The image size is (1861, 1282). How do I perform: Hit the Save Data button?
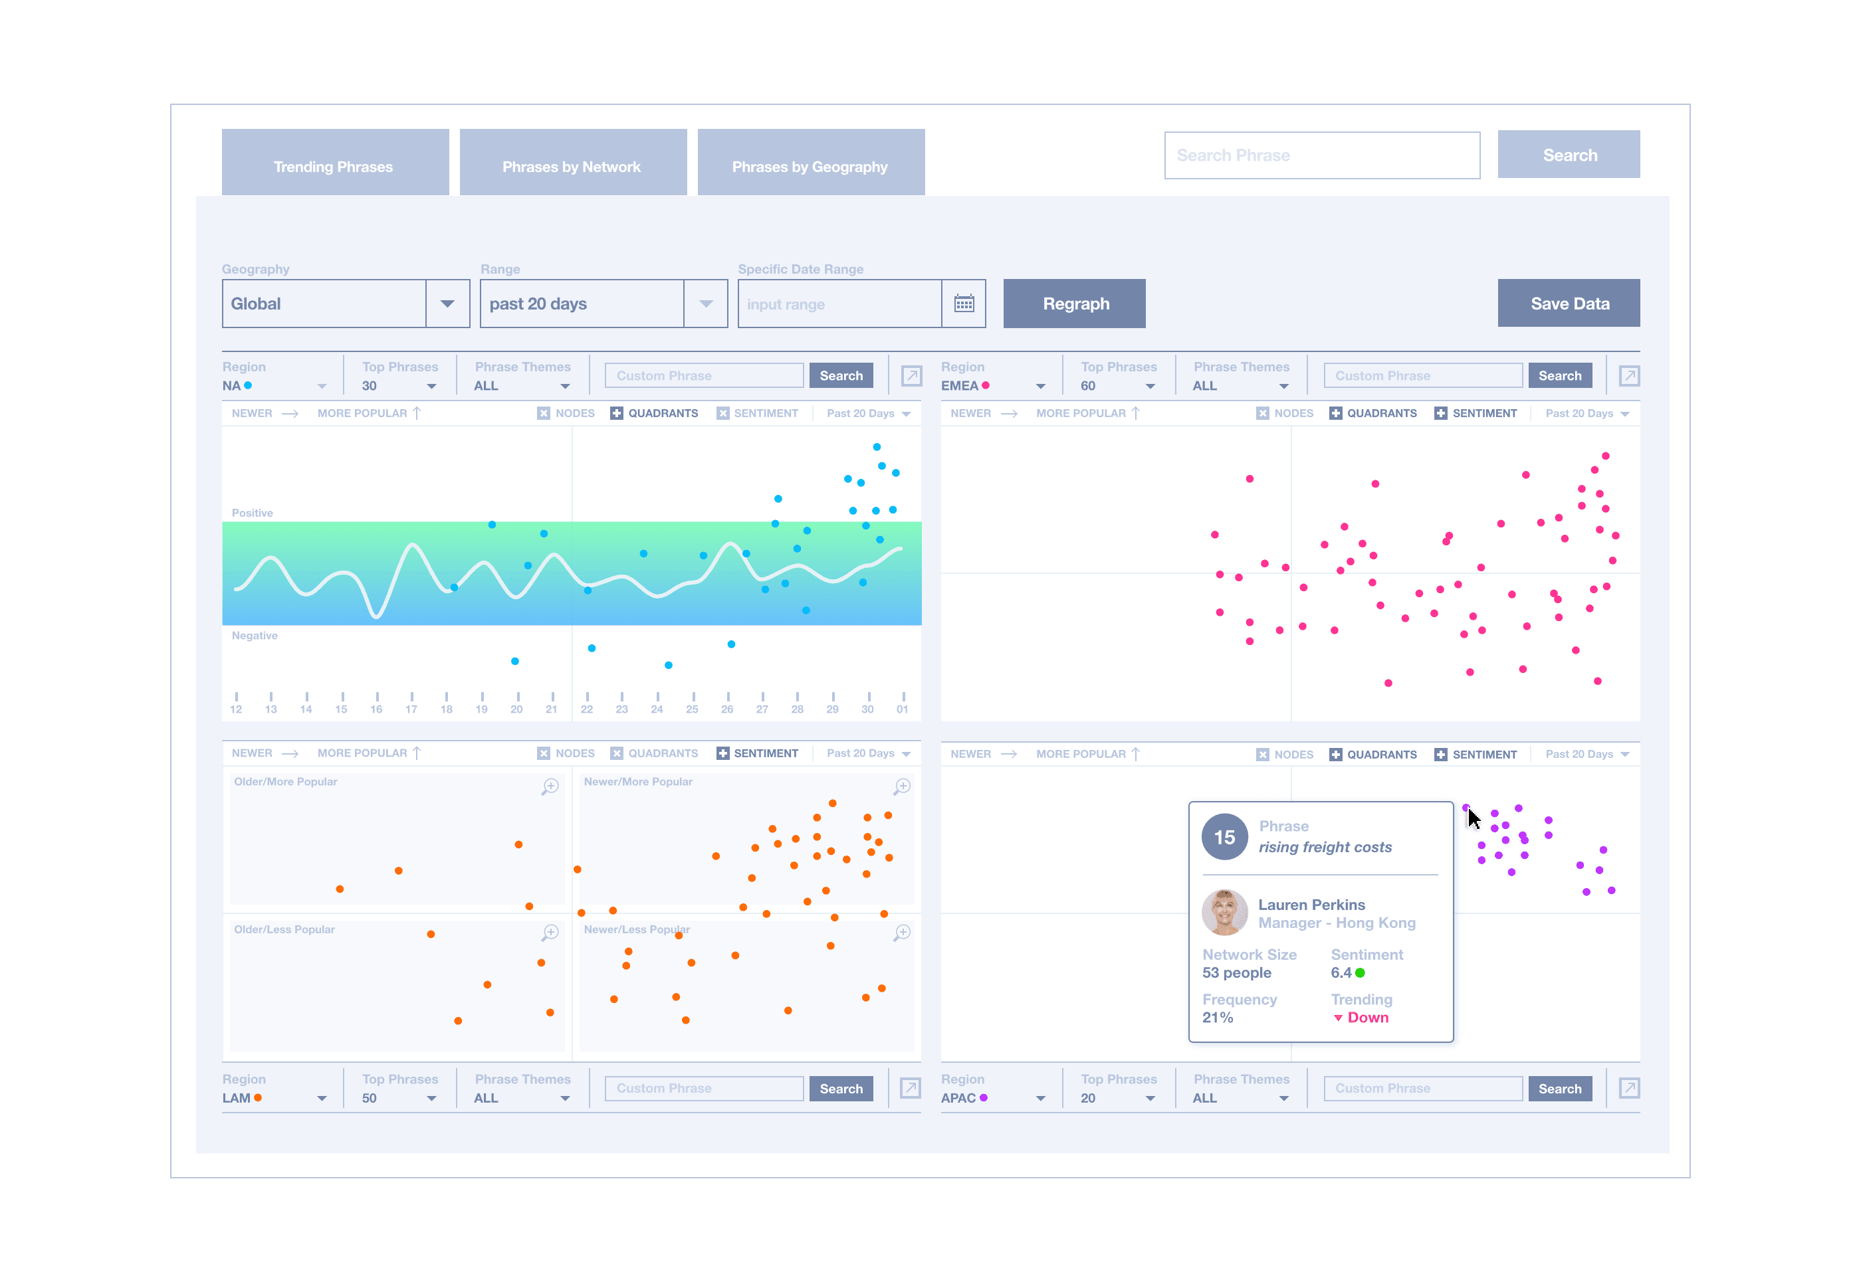click(1569, 304)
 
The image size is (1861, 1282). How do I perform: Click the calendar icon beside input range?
click(964, 304)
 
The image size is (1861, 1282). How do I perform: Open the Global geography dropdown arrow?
click(447, 304)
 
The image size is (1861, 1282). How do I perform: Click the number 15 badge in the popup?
click(1224, 837)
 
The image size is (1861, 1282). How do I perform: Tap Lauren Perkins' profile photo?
click(1224, 913)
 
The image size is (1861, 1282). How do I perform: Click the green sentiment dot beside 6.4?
click(1361, 972)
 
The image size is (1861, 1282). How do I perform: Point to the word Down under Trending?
click(1368, 1018)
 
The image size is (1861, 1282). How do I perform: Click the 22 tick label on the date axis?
click(587, 709)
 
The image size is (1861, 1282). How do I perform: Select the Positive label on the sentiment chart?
click(253, 513)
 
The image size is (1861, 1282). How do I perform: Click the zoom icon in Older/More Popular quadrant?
click(550, 786)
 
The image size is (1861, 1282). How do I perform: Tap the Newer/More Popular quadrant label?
click(638, 782)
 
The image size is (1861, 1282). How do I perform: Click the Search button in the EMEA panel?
click(1559, 376)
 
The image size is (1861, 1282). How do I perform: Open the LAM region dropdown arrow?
click(322, 1099)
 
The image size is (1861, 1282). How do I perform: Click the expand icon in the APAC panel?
click(1629, 1089)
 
